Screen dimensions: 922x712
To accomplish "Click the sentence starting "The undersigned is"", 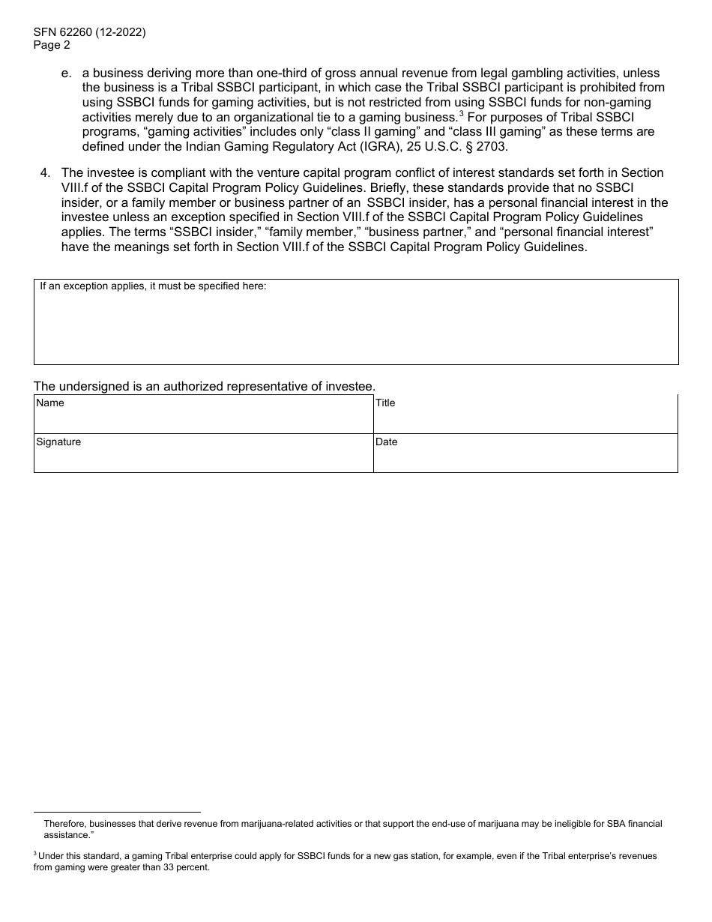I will coord(204,387).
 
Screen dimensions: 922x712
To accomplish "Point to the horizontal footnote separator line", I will coord(117,812).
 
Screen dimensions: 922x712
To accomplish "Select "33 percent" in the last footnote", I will coord(187,868).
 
